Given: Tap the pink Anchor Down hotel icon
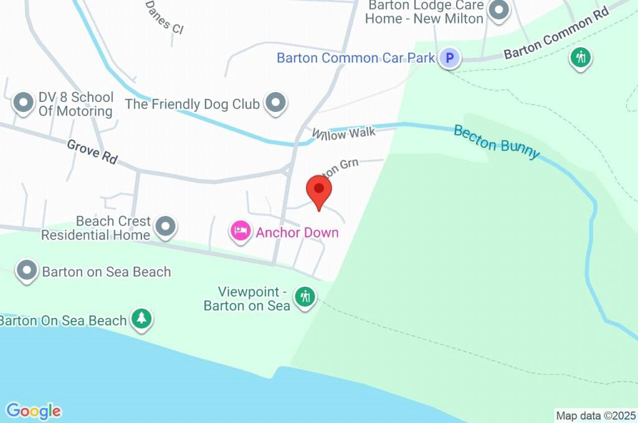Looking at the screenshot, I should click(240, 231).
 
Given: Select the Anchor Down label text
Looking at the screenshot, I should click(297, 233).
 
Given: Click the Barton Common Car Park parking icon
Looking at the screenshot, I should click(449, 58).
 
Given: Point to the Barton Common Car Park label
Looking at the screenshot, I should click(355, 58).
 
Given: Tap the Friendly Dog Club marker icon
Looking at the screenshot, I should click(275, 103).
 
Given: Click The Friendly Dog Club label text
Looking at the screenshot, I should click(193, 104).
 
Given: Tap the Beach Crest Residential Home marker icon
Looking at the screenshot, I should click(165, 228).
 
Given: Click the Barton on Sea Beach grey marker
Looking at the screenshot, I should click(27, 271).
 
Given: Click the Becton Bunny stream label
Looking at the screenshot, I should click(497, 142).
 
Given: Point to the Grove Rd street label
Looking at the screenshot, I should click(92, 151).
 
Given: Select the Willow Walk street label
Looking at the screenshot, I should click(344, 132).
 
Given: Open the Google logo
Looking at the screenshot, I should click(34, 411).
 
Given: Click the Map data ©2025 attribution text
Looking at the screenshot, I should click(596, 416).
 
